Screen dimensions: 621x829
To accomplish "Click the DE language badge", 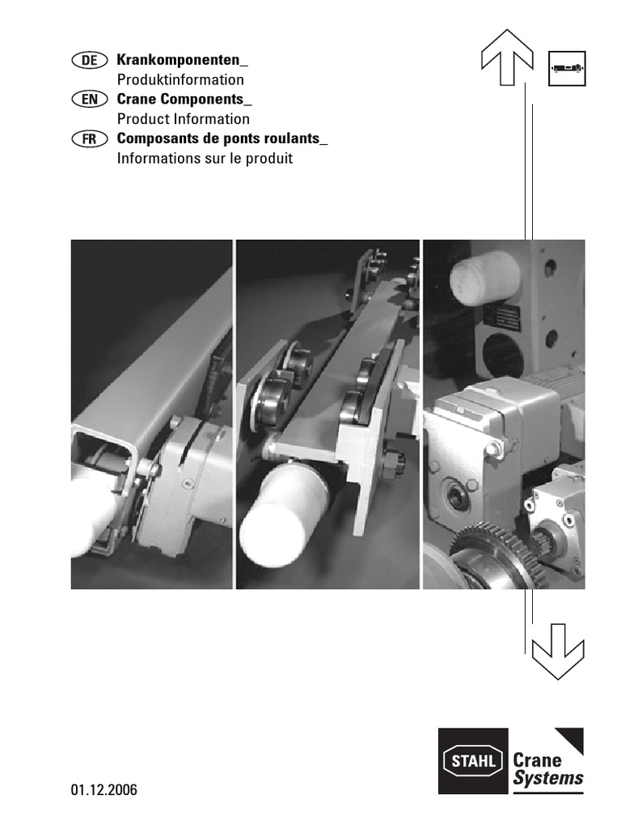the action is pyautogui.click(x=90, y=60).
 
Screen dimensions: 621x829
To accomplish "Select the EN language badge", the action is pyautogui.click(x=90, y=100).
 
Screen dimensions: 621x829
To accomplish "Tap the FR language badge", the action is pyautogui.click(x=90, y=139).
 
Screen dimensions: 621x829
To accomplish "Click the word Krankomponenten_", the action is pyautogui.click(x=182, y=60).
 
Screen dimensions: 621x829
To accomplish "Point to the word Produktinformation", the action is pyautogui.click(x=180, y=80).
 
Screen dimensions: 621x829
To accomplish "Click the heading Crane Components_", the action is pyautogui.click(x=184, y=100).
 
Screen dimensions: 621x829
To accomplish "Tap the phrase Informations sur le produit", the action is pyautogui.click(x=205, y=158).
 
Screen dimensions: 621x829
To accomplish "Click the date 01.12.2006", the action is pyautogui.click(x=104, y=790).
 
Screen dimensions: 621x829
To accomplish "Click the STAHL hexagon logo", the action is pyautogui.click(x=473, y=761).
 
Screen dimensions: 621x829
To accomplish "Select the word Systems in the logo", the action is pyautogui.click(x=548, y=779).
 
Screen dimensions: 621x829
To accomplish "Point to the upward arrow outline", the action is pyautogui.click(x=507, y=57).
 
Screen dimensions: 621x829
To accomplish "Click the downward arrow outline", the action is pyautogui.click(x=558, y=652).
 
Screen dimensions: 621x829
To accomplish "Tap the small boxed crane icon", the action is pyautogui.click(x=567, y=69).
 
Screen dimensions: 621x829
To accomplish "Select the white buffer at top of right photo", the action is pyautogui.click(x=485, y=278).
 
